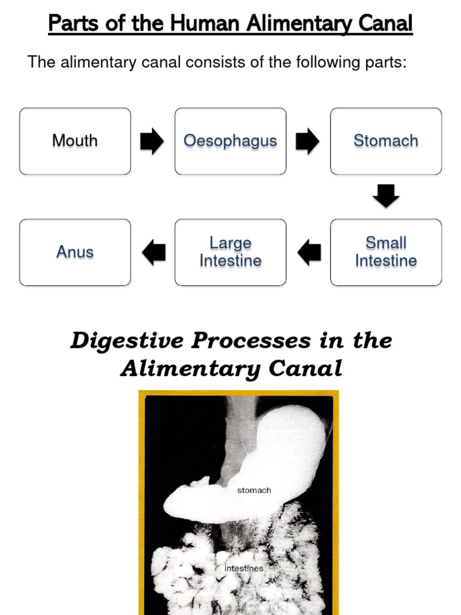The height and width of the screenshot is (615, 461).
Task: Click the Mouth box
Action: [x=75, y=141]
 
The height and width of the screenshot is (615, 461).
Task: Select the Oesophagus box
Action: [x=230, y=141]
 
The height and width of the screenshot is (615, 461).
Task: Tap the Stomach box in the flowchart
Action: [x=386, y=141]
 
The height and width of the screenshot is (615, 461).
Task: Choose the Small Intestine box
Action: [x=386, y=252]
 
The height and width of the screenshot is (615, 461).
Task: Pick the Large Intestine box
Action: [x=230, y=252]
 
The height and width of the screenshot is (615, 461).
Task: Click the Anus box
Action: [x=75, y=252]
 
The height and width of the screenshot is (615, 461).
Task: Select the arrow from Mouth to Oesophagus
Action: [x=152, y=141]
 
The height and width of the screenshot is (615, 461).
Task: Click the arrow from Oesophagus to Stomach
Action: [x=308, y=141]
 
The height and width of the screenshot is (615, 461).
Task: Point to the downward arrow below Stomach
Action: [x=386, y=196]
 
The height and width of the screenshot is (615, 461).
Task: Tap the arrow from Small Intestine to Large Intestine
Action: [x=309, y=252]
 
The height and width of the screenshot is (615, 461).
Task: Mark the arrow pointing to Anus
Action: [x=154, y=252]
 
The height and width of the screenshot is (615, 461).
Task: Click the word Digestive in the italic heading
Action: [x=128, y=341]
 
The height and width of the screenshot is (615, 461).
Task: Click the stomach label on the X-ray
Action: [x=254, y=491]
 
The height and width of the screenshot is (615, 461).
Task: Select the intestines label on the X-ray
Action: [x=243, y=568]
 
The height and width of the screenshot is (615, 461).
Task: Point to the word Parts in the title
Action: [x=70, y=25]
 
